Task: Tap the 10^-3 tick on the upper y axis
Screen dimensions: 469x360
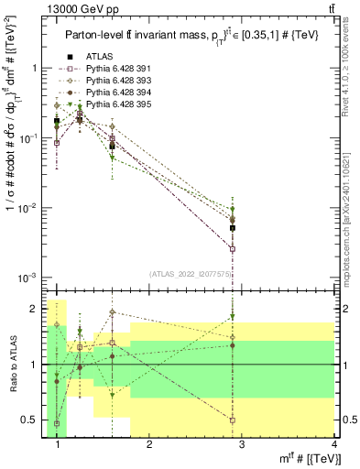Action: [x=30, y=277]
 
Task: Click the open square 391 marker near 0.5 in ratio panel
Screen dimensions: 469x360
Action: [x=233, y=420]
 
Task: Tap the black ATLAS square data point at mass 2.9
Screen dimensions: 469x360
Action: [x=233, y=228]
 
